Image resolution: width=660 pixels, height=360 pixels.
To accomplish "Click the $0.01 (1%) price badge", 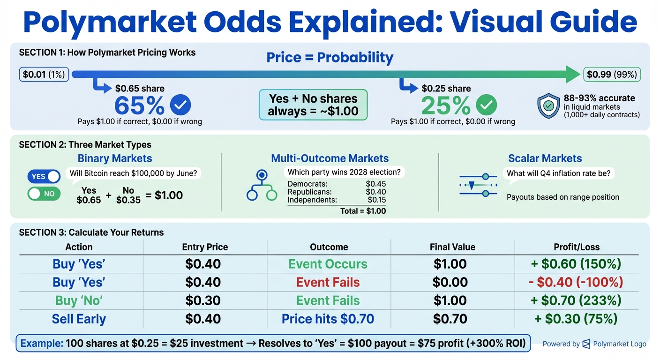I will [x=45, y=74].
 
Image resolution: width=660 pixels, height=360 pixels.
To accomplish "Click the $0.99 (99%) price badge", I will [x=612, y=74].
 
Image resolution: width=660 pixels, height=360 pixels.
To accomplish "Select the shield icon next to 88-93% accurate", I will [x=548, y=105].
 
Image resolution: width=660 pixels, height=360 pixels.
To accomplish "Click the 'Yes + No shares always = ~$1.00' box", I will [x=313, y=105].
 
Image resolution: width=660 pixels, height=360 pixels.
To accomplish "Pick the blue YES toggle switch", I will [x=44, y=176].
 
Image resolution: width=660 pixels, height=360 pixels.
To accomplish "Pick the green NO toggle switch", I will [x=44, y=194].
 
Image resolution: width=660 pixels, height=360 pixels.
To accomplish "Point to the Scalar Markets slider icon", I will [x=478, y=185].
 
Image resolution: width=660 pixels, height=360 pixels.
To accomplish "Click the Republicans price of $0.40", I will [x=375, y=192].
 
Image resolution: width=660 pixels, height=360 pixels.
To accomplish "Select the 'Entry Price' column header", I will [x=205, y=247].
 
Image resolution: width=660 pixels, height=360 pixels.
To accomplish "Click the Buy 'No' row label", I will [x=79, y=300].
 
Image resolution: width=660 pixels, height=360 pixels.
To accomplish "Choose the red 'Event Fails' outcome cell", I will [x=328, y=282].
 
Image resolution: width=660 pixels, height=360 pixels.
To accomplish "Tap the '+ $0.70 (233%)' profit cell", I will [x=576, y=300].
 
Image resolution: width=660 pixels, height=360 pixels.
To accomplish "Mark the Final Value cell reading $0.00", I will [x=450, y=282].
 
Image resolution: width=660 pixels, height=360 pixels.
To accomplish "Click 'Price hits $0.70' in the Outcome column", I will [x=328, y=319].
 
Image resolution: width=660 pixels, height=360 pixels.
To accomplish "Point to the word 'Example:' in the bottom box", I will [x=42, y=344].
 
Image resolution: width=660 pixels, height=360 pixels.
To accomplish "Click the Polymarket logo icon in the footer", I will [x=586, y=344].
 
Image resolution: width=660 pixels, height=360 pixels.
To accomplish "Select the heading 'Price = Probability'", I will [x=330, y=58].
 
